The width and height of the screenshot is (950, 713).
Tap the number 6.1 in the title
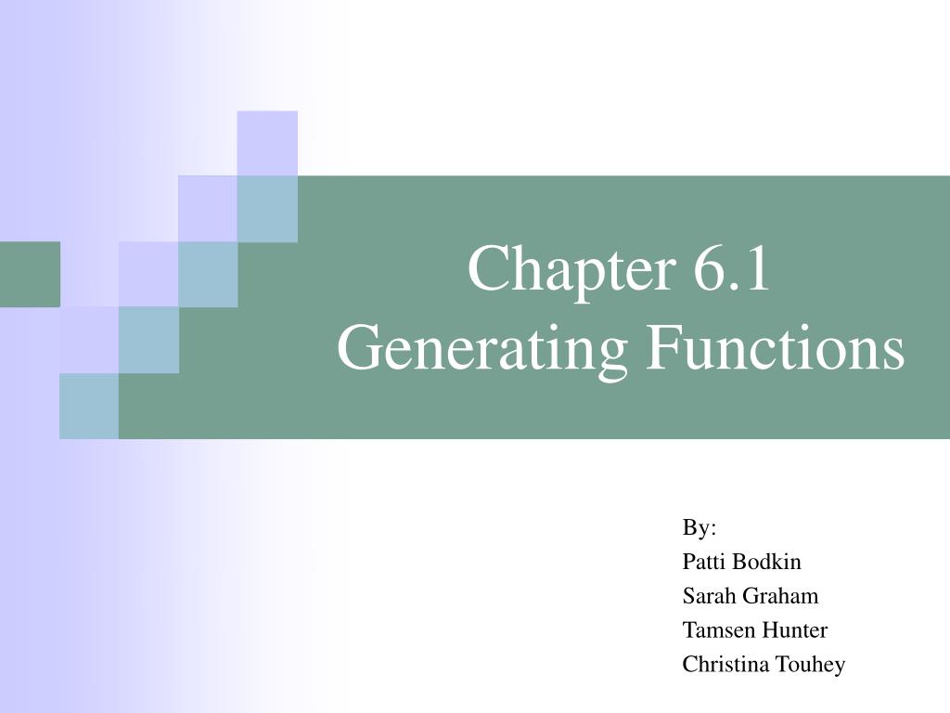click(731, 268)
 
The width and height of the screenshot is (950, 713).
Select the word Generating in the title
click(481, 351)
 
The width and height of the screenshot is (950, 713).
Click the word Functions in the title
click(775, 349)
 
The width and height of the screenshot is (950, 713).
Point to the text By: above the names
click(700, 528)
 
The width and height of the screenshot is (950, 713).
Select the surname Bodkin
click(766, 562)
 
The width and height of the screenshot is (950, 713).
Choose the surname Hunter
click(795, 629)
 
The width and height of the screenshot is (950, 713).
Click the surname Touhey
click(811, 665)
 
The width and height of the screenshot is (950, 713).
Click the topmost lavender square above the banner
click(267, 143)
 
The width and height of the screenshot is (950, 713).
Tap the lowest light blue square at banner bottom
click(89, 406)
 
